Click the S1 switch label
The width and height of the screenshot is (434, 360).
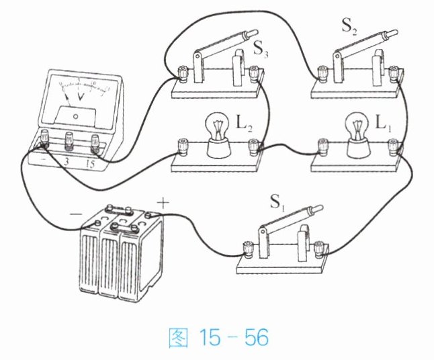coord(277,201)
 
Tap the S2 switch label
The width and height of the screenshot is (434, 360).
coord(349,27)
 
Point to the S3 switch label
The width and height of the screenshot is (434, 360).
coord(261,50)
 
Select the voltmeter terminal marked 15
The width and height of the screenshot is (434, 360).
coord(95,143)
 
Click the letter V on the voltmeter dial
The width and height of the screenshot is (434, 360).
coord(81,96)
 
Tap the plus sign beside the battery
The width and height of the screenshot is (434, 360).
coord(163,204)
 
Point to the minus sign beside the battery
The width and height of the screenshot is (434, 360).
coord(76,214)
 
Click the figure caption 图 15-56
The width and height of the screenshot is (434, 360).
coord(218,338)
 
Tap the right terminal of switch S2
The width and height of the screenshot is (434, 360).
coord(393,73)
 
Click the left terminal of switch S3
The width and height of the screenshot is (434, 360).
coord(183,73)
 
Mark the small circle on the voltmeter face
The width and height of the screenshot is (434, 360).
coord(75,116)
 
